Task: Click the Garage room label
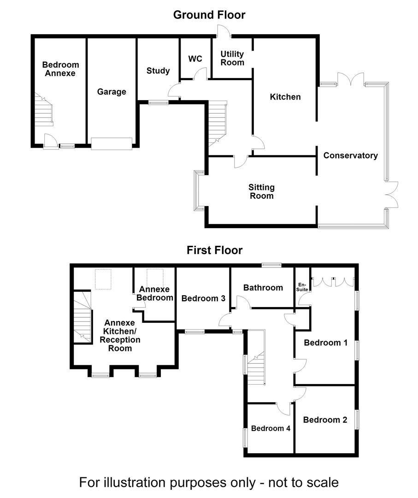pyautogui.click(x=112, y=92)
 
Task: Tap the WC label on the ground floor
pyautogui.click(x=195, y=59)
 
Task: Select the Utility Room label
pyautogui.click(x=232, y=58)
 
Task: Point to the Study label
pyautogui.click(x=158, y=71)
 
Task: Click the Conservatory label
pyautogui.click(x=350, y=155)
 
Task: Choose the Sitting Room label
pyautogui.click(x=261, y=191)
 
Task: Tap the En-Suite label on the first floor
pyautogui.click(x=302, y=287)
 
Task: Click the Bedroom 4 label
pyautogui.click(x=271, y=428)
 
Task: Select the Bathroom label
pyautogui.click(x=263, y=288)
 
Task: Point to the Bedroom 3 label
pyautogui.click(x=203, y=298)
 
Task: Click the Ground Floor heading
pyautogui.click(x=209, y=15)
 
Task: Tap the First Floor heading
pyautogui.click(x=215, y=250)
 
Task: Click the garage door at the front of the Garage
pyautogui.click(x=112, y=143)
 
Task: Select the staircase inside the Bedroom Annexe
pyautogui.click(x=44, y=110)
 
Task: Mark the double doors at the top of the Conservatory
pyautogui.click(x=350, y=80)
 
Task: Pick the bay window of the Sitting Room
pyautogui.click(x=199, y=190)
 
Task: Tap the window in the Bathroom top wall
pyautogui.click(x=271, y=265)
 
